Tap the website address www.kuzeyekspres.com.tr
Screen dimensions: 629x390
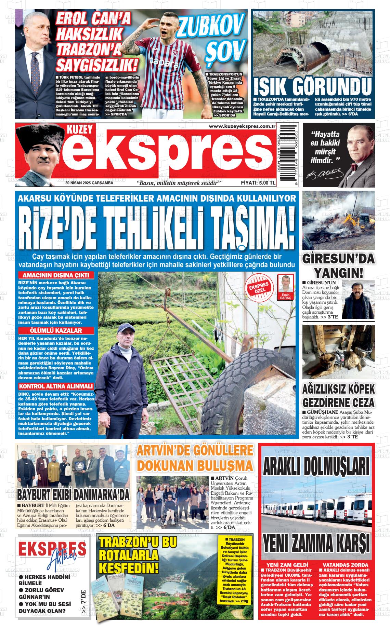[x=242, y=127]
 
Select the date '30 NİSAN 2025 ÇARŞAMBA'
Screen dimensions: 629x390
[x=90, y=183]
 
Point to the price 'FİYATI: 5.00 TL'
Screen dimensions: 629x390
[x=258, y=183]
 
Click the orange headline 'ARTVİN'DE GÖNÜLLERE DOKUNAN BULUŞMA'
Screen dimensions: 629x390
[x=196, y=458]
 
